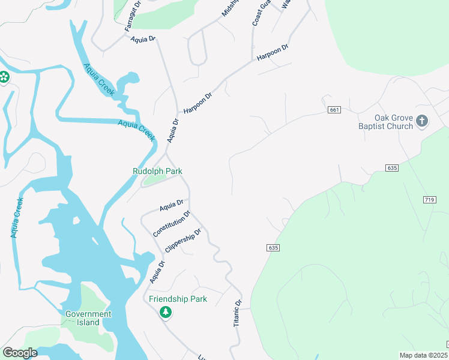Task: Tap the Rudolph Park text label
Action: (157, 171)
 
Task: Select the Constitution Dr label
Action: (172, 224)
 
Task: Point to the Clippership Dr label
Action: (182, 242)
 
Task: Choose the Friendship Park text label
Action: (178, 299)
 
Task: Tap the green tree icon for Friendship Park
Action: (166, 312)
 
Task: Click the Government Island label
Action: (88, 318)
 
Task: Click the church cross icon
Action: (422, 121)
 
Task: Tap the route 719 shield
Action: (429, 199)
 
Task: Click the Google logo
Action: (20, 352)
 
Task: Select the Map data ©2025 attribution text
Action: (424, 355)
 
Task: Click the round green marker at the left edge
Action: (3, 76)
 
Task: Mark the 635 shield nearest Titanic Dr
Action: (272, 247)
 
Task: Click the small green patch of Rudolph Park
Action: (154, 178)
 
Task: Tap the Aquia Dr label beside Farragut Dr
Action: (143, 39)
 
